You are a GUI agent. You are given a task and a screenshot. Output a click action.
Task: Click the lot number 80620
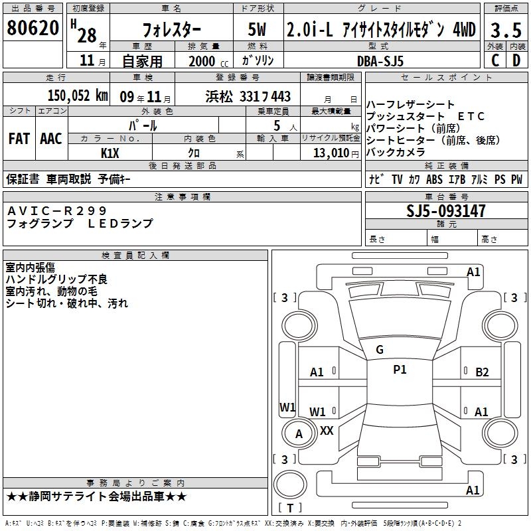pyautogui.click(x=33, y=28)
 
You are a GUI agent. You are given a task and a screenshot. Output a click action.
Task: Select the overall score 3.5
pyautogui.click(x=506, y=30)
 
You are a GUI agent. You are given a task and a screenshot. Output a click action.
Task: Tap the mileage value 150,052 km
pyautogui.click(x=78, y=96)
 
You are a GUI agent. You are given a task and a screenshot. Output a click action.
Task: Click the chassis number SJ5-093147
pyautogui.click(x=446, y=211)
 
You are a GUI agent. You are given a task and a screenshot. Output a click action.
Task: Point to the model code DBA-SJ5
pyautogui.click(x=380, y=61)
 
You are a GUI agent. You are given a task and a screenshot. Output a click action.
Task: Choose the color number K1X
pyautogui.click(x=110, y=153)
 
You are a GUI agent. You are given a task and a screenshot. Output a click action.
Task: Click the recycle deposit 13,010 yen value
pyautogui.click(x=336, y=153)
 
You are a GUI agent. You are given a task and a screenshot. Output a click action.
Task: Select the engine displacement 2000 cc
pyautogui.click(x=208, y=61)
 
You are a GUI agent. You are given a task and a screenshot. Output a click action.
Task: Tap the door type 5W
pyautogui.click(x=257, y=30)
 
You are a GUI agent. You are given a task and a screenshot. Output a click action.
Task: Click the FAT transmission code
pyautogui.click(x=19, y=139)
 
